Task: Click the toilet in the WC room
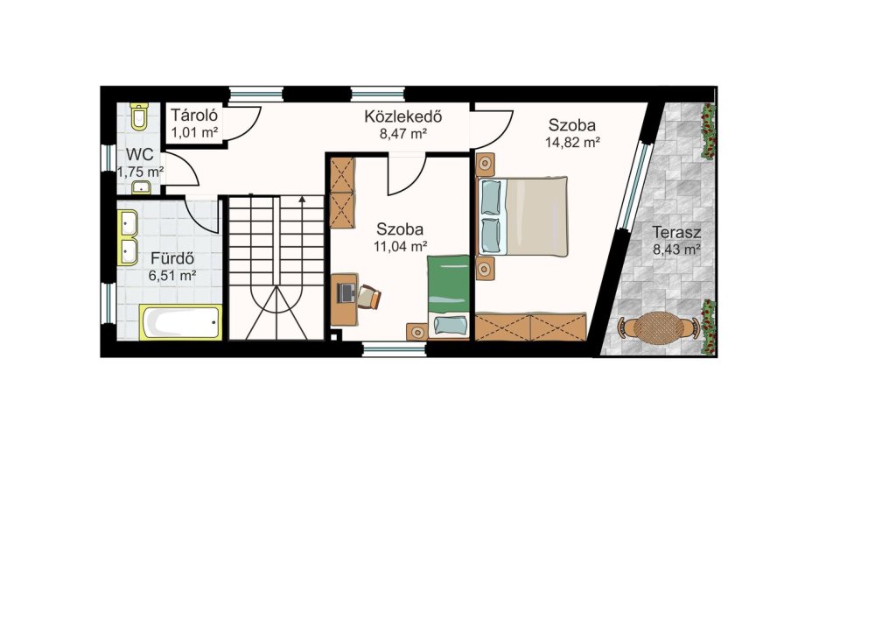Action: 138,116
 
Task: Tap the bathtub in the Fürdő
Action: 181,322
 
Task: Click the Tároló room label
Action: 194,116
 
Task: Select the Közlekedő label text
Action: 403,116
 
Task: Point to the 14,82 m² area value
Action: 572,143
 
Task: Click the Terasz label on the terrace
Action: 677,232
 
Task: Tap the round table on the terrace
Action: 659,328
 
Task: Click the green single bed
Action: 449,297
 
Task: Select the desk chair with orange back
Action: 369,297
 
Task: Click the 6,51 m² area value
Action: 171,275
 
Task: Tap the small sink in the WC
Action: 141,187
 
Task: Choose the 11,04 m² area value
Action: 401,246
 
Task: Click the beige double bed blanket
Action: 536,216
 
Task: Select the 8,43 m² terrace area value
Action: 677,249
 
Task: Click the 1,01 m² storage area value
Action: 194,132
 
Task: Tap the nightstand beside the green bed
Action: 416,332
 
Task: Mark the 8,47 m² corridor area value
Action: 403,133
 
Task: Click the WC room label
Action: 139,155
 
